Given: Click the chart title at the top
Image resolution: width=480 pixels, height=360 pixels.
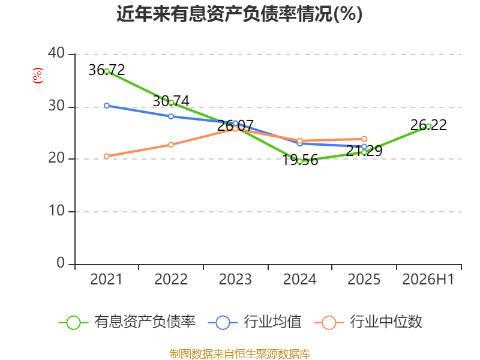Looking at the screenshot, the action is click(x=239, y=14).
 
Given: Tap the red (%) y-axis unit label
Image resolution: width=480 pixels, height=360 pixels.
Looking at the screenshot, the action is click(x=37, y=76).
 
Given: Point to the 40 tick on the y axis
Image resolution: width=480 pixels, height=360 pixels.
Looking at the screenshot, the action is click(x=56, y=53).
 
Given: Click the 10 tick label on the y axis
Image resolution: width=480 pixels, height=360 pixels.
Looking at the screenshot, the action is click(x=56, y=211).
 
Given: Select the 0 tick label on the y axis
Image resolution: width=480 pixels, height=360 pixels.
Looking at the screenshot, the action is click(x=61, y=263).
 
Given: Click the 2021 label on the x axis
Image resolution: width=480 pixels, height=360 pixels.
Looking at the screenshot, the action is click(x=106, y=279).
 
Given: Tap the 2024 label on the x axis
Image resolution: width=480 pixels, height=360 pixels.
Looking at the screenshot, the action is click(x=299, y=279).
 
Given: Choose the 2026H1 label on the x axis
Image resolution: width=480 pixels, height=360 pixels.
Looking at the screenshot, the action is click(x=428, y=279).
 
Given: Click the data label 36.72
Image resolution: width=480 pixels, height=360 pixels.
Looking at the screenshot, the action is click(x=107, y=70).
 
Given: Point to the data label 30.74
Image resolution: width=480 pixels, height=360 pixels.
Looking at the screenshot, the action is click(x=171, y=101).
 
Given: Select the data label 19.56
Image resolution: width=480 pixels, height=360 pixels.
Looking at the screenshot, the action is click(x=299, y=160).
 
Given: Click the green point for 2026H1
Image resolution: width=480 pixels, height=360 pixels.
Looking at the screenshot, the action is click(x=428, y=127).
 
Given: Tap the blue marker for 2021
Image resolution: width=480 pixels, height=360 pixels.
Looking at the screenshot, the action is click(x=107, y=106).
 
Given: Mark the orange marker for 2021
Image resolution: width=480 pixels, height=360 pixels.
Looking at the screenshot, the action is click(x=107, y=157).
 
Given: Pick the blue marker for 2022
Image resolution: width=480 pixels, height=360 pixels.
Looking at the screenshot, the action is click(x=171, y=116).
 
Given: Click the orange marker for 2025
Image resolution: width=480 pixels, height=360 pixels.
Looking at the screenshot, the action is click(x=364, y=139).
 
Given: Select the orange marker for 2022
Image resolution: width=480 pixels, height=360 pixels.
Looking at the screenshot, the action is click(x=171, y=145).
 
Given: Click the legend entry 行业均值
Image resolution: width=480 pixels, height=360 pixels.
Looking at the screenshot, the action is click(x=254, y=322).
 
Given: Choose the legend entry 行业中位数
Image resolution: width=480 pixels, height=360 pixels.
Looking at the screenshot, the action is click(x=368, y=322).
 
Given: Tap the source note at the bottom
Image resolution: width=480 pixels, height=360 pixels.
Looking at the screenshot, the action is click(x=239, y=354).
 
